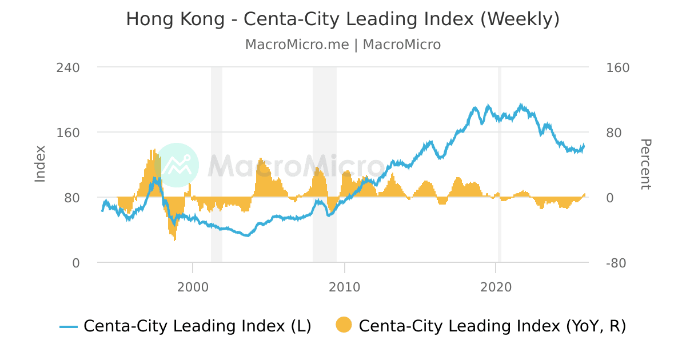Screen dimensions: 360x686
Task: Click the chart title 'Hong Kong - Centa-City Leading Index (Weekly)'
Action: [342, 19]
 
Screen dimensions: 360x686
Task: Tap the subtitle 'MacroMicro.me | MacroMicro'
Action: [342, 45]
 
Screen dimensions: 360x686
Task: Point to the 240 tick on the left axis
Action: [67, 67]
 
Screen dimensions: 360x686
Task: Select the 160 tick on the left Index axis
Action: [67, 133]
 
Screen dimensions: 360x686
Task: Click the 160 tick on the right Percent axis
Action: [617, 67]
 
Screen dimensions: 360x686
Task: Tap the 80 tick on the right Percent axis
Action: [614, 133]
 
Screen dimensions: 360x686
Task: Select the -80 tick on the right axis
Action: [617, 263]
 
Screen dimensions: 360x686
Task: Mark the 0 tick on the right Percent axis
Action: [610, 198]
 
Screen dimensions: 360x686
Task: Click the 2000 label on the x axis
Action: [193, 286]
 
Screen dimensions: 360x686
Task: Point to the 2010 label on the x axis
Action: [344, 286]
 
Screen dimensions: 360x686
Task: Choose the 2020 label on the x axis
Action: [496, 286]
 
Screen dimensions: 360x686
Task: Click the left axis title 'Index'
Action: [40, 164]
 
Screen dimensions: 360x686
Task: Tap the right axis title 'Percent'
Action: [645, 164]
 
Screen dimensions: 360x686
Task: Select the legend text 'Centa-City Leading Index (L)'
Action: [197, 326]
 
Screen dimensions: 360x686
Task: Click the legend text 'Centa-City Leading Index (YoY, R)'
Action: [492, 326]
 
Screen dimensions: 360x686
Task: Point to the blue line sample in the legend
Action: [69, 327]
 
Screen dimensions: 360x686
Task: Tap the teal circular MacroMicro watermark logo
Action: [177, 165]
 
